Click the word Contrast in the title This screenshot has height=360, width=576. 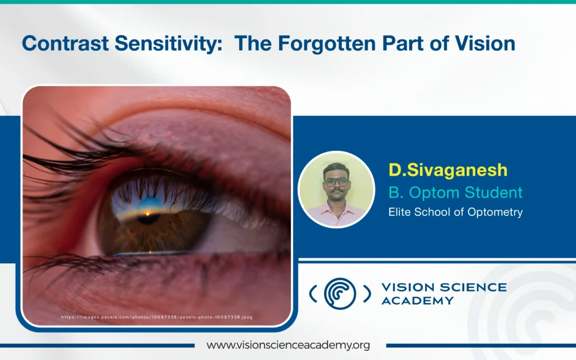click(65, 43)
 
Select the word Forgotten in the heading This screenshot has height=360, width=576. click(327, 43)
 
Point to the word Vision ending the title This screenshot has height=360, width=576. click(485, 43)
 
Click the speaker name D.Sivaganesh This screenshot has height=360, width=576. click(448, 170)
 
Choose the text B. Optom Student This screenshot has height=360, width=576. click(456, 192)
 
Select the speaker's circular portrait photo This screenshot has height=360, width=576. click(336, 190)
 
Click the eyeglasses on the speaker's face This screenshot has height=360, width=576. click(336, 182)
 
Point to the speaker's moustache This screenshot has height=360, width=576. click(336, 191)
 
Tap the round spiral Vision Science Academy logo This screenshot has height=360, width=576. click(340, 294)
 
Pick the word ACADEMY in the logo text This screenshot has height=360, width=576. click(418, 301)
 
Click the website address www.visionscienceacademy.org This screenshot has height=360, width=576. click(288, 345)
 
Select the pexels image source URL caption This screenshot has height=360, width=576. click(157, 317)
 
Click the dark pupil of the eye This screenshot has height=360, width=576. click(148, 219)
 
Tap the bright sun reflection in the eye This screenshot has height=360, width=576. click(148, 213)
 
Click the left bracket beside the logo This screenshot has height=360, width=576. click(313, 294)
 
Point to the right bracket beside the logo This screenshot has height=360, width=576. click(367, 294)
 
